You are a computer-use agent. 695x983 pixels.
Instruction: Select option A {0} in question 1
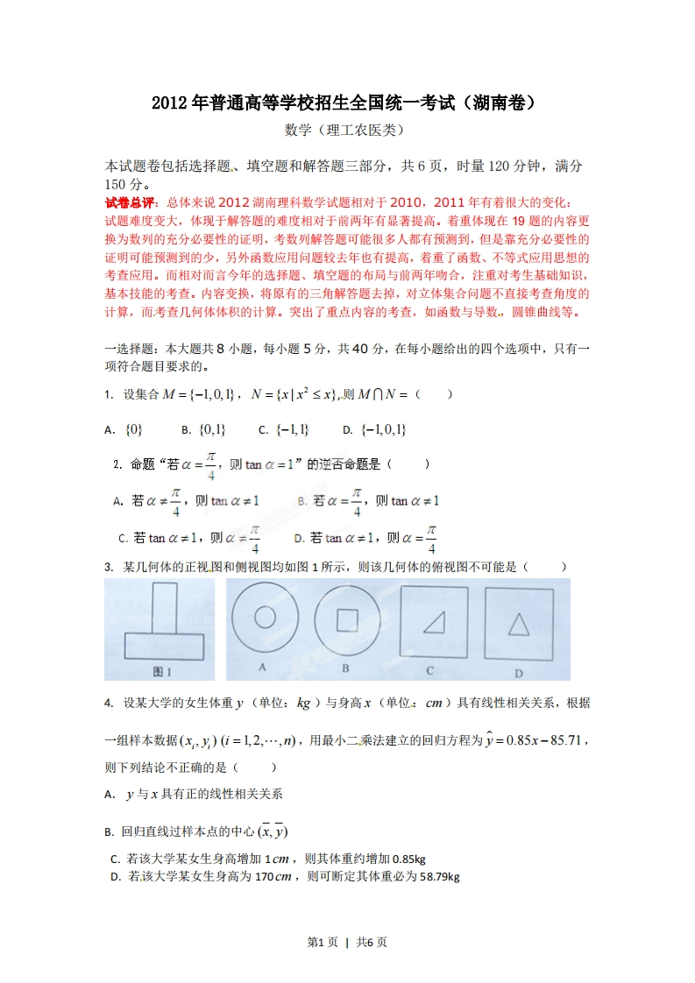pos(124,429)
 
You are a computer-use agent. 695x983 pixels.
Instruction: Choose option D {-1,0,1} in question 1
pos(374,429)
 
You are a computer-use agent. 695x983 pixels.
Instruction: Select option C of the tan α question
pos(189,538)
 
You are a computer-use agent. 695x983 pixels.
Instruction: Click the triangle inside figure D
pos(519,623)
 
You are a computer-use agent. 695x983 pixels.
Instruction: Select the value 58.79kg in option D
pos(440,876)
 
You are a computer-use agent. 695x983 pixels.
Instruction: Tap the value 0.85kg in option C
pos(409,859)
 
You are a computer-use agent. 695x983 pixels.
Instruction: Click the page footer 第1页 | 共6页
pos(347,943)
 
